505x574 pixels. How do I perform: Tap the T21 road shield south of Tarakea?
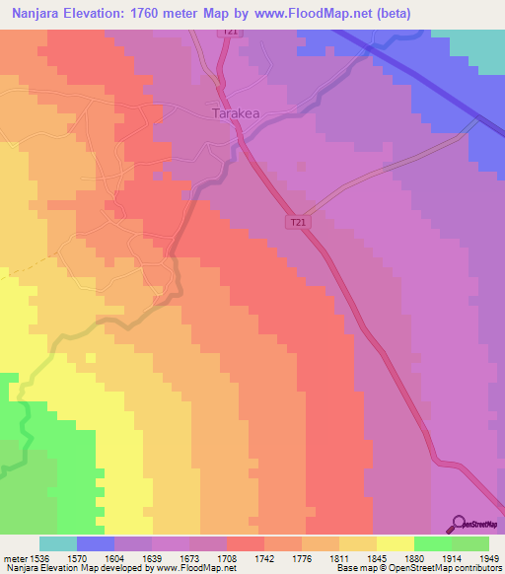coord(298,224)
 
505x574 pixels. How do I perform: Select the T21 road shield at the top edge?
coord(230,33)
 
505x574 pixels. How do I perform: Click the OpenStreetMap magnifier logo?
coord(457,526)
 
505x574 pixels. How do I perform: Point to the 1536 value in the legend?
coord(40,557)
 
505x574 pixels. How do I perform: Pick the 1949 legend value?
coord(488,557)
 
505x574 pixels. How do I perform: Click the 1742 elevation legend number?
coord(263,557)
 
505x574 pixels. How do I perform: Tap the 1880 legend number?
coord(413,557)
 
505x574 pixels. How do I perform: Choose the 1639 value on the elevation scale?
coord(152,557)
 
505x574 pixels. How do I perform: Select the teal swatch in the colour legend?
coord(58,543)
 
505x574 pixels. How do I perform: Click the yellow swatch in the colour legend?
coord(395,543)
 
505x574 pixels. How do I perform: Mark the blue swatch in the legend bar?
coord(96,543)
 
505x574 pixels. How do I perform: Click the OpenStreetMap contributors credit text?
coord(453,568)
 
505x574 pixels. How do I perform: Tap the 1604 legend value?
coord(114,557)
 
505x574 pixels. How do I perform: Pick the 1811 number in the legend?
coord(338,557)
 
